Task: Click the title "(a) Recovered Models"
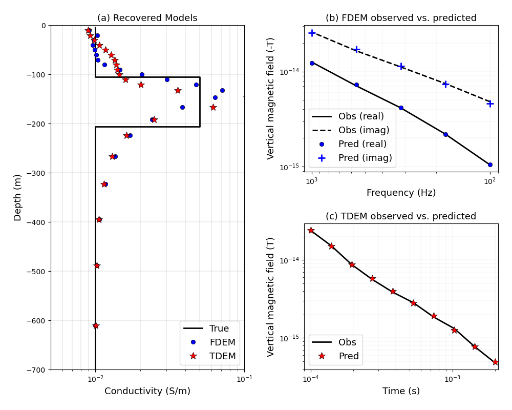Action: (x=147, y=18)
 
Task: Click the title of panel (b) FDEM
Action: (x=401, y=18)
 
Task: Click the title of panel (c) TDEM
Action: (x=401, y=216)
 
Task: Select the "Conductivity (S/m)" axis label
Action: (x=147, y=391)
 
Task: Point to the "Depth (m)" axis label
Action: (x=18, y=197)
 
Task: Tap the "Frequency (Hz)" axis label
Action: (x=401, y=193)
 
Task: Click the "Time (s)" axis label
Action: (x=401, y=391)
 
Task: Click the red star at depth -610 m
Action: (x=96, y=325)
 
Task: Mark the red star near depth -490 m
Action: (x=97, y=265)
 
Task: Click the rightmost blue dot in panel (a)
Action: (x=222, y=90)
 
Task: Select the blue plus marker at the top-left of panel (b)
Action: (x=312, y=33)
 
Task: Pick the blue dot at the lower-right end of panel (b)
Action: (x=490, y=165)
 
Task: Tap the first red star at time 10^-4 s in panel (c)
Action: (x=311, y=230)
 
